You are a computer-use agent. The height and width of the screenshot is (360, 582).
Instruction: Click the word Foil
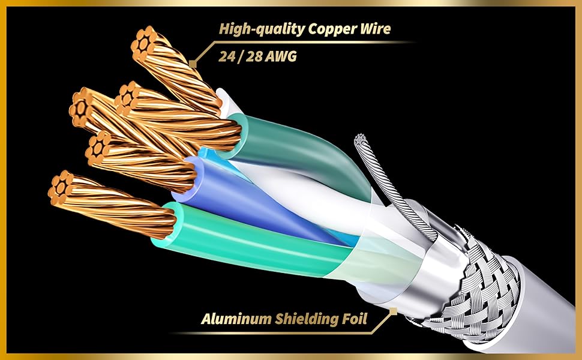354,319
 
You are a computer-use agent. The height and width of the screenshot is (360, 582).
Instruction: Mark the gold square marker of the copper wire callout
193,62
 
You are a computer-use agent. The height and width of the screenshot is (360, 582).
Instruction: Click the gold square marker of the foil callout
393,311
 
